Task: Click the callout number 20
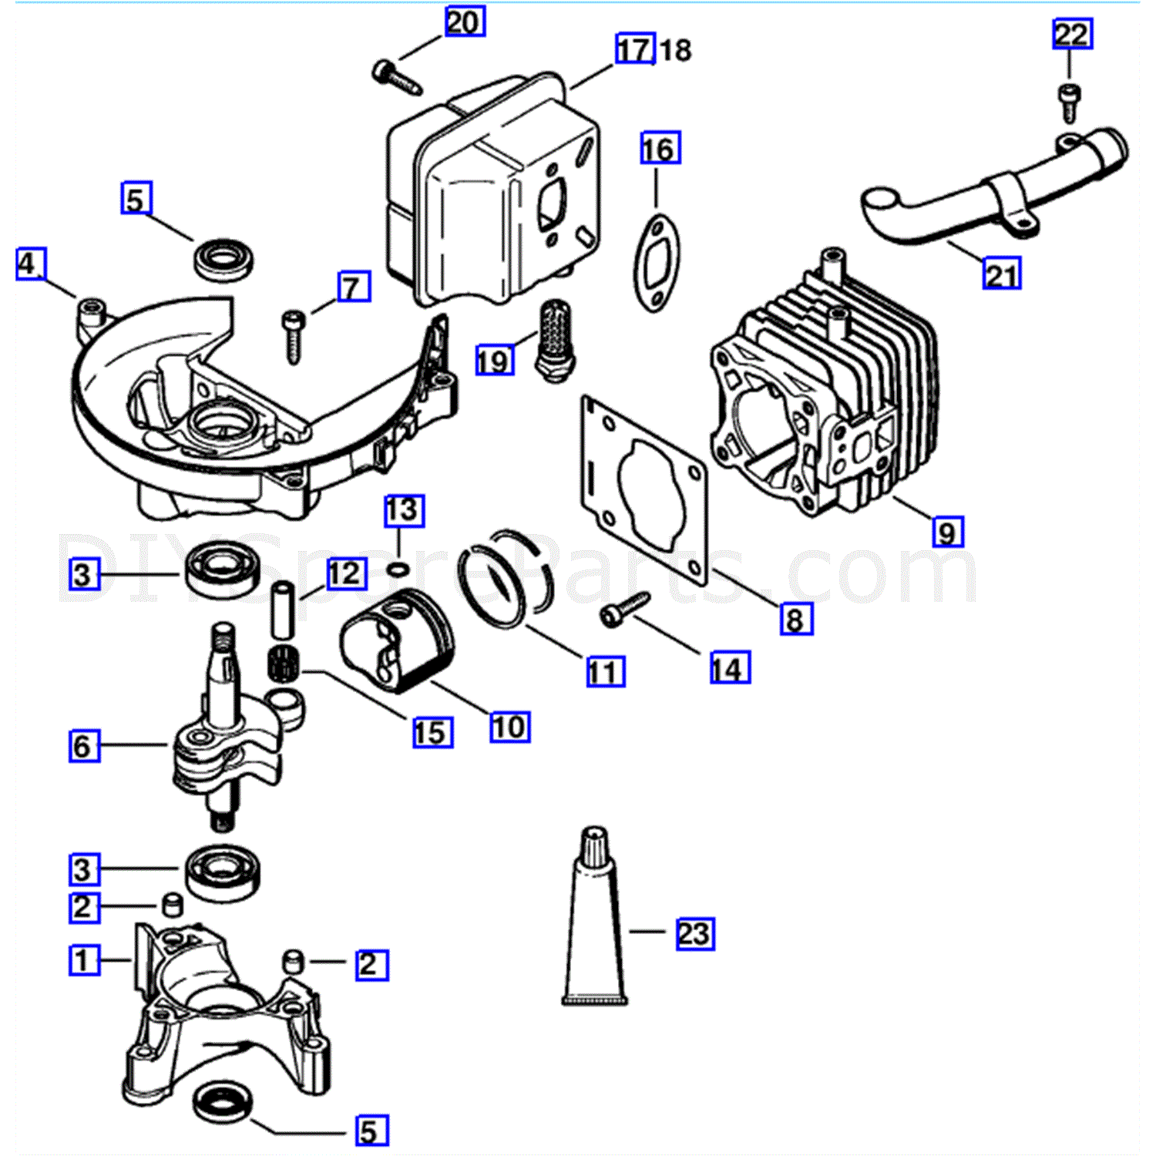point(465,22)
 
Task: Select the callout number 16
point(660,148)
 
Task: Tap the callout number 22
point(1073,34)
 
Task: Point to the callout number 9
point(947,532)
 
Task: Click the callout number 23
point(695,933)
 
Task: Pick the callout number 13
point(404,511)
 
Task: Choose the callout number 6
point(84,745)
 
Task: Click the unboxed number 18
point(676,50)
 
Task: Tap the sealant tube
point(595,917)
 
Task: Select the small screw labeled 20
point(396,77)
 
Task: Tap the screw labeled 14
point(624,609)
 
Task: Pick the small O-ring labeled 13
point(397,570)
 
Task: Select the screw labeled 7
point(294,335)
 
